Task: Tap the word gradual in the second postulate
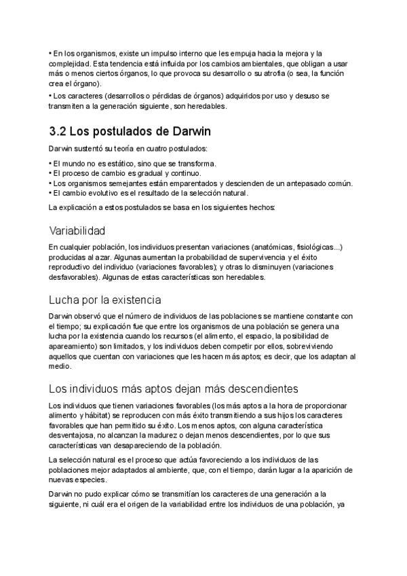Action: tap(139, 173)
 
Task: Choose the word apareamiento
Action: tap(77, 346)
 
